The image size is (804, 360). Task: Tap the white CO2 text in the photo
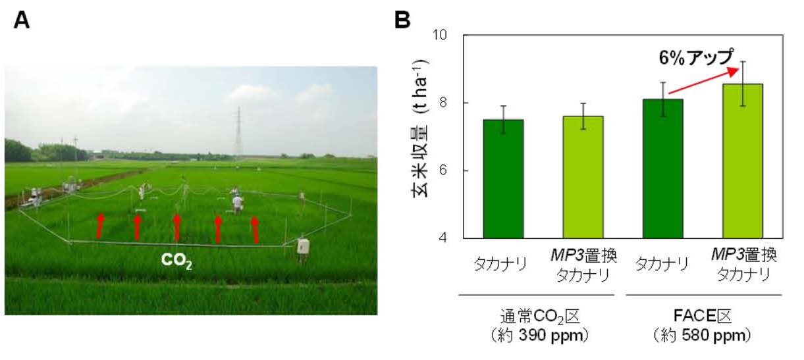[x=176, y=260]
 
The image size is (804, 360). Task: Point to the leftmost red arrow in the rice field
[x=100, y=224]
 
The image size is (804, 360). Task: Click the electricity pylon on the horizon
[x=238, y=134]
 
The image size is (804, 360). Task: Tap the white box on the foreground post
[x=303, y=245]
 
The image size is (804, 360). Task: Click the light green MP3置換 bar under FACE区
[x=742, y=161]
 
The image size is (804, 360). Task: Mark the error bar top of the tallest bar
[x=742, y=62]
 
